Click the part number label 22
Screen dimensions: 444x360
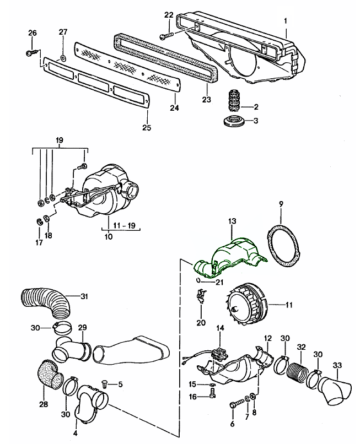(x=169, y=15)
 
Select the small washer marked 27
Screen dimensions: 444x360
(x=62, y=57)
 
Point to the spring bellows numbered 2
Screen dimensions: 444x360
(x=232, y=101)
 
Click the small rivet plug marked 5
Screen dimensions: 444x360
(x=106, y=384)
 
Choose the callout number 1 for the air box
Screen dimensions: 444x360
(x=286, y=20)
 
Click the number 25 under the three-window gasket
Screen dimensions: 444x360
(x=147, y=128)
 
